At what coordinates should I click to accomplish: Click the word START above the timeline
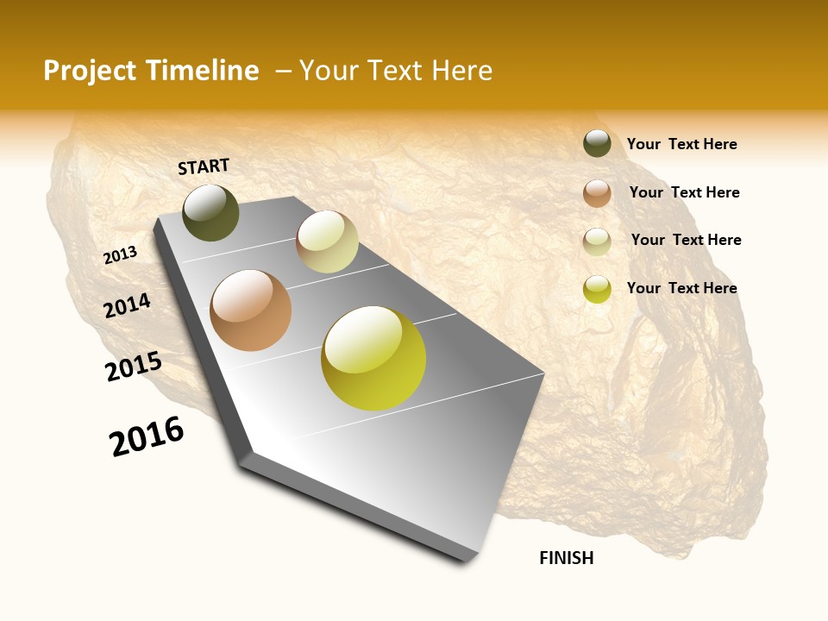click(204, 166)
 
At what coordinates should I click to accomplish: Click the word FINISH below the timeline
click(566, 558)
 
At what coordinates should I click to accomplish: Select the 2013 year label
click(120, 255)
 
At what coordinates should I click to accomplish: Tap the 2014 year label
click(127, 306)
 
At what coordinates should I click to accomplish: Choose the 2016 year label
click(147, 436)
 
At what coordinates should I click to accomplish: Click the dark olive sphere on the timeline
click(210, 212)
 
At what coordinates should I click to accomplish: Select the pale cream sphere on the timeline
click(327, 241)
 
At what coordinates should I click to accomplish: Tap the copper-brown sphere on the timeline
click(250, 310)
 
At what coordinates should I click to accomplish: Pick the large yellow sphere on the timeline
click(373, 358)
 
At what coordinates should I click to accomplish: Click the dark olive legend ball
click(597, 143)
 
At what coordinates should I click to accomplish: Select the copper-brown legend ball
click(597, 193)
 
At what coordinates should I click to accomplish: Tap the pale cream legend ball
click(597, 241)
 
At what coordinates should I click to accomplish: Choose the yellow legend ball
click(597, 289)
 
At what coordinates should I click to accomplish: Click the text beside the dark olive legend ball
click(681, 144)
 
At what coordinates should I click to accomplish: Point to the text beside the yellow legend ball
click(681, 288)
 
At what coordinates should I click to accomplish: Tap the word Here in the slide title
click(461, 71)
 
